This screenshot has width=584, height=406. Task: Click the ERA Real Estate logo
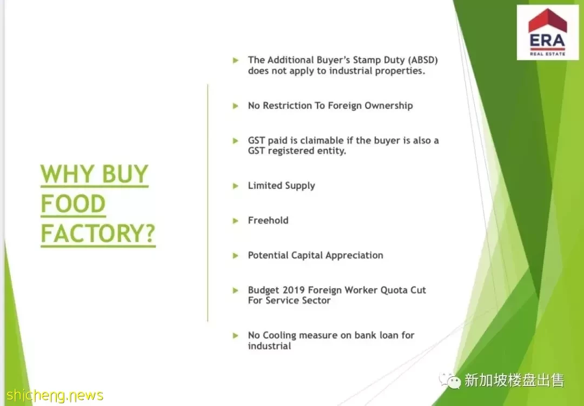[x=547, y=32]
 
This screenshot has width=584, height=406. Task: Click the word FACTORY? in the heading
[x=98, y=234]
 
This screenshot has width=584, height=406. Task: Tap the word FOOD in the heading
[x=73, y=204]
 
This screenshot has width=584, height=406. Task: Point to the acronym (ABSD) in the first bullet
[x=423, y=61]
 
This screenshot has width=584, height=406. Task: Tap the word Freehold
[x=268, y=221]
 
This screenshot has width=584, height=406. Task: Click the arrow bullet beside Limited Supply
[x=235, y=186]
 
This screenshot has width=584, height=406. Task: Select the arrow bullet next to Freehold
[x=235, y=221]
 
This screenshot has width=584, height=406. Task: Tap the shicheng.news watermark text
[x=55, y=395]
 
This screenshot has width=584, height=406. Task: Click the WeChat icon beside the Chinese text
[x=450, y=381]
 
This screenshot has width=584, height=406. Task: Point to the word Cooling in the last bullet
[x=280, y=336]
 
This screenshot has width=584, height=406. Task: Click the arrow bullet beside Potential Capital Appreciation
[x=235, y=256]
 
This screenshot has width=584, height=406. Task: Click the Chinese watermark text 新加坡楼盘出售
[x=514, y=381]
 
